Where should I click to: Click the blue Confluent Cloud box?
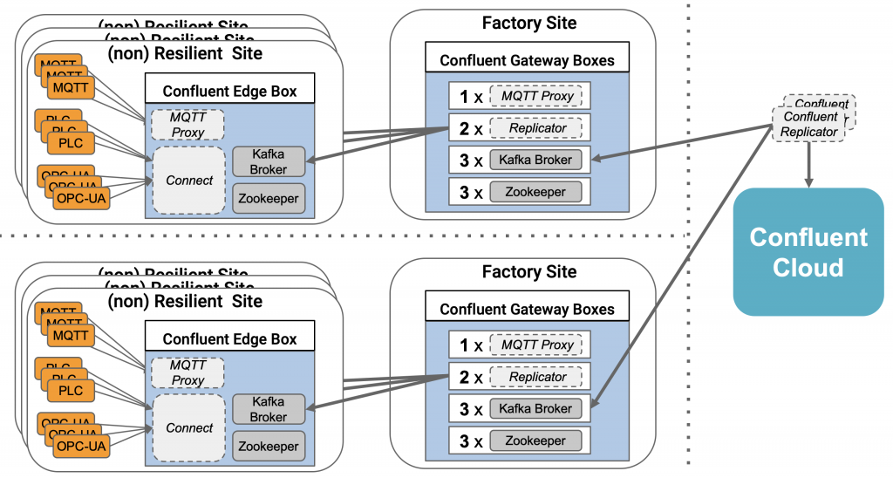(x=808, y=251)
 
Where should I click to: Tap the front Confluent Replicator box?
(x=810, y=124)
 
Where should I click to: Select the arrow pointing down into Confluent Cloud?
(x=810, y=165)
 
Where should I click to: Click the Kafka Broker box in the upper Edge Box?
(x=269, y=160)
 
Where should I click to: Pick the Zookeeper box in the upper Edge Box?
(x=269, y=198)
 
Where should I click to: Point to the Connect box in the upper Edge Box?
(x=189, y=180)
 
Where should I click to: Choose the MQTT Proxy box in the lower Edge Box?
(x=187, y=373)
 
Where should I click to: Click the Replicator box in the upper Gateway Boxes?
(x=538, y=128)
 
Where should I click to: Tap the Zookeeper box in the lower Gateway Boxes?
(x=534, y=440)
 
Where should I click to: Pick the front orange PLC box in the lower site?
(x=71, y=390)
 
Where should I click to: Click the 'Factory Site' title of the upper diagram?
(x=528, y=24)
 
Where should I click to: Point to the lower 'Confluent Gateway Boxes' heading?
(x=527, y=310)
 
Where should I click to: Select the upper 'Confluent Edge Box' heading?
(x=229, y=91)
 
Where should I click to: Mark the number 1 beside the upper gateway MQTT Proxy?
(x=465, y=97)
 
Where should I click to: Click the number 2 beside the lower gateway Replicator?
(x=465, y=377)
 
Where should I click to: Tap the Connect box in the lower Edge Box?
(x=189, y=427)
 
